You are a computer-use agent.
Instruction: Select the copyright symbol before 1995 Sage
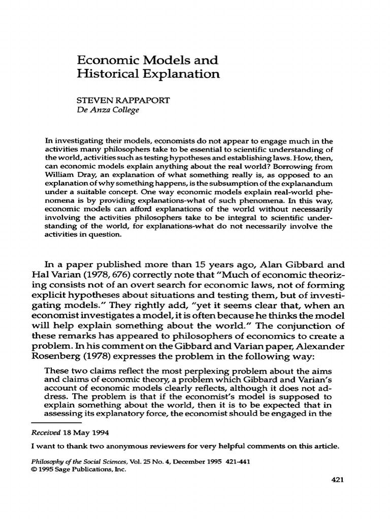tap(34, 469)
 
